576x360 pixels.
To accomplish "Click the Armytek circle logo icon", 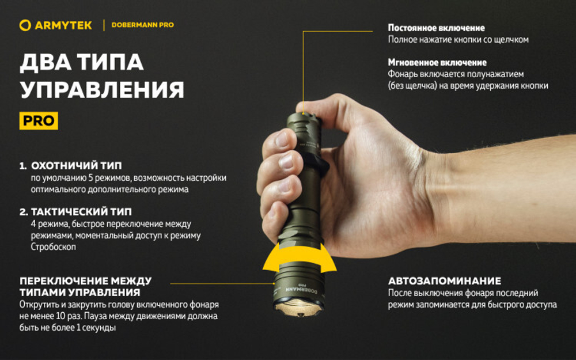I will [25, 25].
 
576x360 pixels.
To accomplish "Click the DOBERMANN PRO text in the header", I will [142, 25].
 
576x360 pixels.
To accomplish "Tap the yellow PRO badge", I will [39, 121].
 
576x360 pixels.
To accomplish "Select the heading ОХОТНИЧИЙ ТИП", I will [76, 166].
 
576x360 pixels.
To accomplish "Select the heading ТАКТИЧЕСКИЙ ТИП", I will [81, 212].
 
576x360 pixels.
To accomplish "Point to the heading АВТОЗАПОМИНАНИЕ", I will [444, 281].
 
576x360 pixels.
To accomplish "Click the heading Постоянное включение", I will [436, 28].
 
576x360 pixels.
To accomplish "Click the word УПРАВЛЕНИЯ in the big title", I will [102, 90].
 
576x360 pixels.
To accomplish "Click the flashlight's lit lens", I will [299, 310].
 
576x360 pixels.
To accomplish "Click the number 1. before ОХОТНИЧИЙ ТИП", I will [23, 166].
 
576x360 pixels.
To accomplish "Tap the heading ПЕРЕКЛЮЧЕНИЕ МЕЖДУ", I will [85, 281].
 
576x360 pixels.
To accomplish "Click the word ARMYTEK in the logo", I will [63, 25].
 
